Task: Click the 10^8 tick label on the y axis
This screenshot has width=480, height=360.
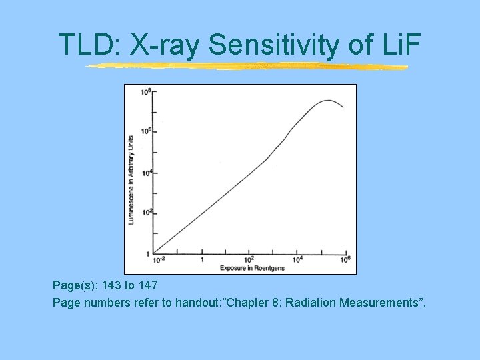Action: pyautogui.click(x=145, y=91)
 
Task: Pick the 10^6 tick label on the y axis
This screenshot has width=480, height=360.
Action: pyautogui.click(x=145, y=131)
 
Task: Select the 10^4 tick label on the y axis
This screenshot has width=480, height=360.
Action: pyautogui.click(x=145, y=172)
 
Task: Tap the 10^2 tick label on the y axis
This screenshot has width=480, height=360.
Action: pyautogui.click(x=145, y=212)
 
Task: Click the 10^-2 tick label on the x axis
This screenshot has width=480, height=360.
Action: pyautogui.click(x=159, y=259)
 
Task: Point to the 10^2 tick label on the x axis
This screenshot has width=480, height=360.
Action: pyautogui.click(x=249, y=259)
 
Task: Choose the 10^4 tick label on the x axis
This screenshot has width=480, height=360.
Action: pyautogui.click(x=298, y=259)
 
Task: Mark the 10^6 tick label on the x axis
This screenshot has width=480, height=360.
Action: pyautogui.click(x=345, y=259)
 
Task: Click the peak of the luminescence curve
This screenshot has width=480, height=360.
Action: pyautogui.click(x=327, y=101)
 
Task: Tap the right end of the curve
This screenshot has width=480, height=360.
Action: pyautogui.click(x=343, y=107)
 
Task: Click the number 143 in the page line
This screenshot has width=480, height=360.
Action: pyautogui.click(x=105, y=285)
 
